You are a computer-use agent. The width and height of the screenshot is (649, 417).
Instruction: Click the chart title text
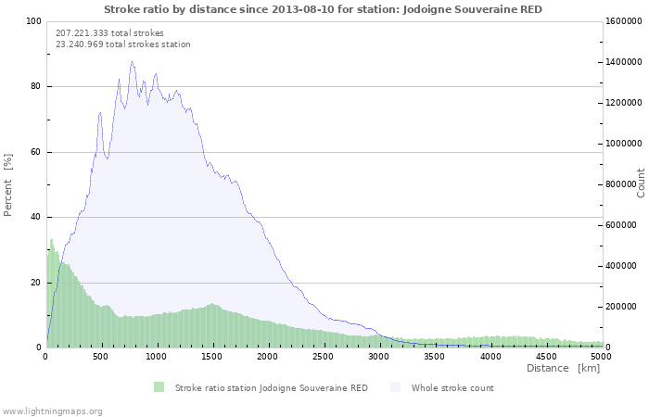323,9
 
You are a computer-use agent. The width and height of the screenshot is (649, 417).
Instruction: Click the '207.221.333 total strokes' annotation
109,32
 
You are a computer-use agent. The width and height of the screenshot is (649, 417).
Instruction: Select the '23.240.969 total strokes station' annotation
123,44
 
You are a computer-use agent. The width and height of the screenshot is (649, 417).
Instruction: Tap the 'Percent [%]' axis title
8,184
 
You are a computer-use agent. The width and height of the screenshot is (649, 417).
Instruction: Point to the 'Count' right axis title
641,183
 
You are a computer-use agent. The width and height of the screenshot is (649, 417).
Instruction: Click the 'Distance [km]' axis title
563,368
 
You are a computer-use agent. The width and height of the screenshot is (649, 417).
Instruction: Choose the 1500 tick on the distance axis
212,356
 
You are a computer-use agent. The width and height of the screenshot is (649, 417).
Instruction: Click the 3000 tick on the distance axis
379,356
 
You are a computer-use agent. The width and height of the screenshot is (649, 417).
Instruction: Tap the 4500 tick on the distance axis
546,356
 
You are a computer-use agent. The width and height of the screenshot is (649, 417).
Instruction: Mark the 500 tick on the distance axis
101,356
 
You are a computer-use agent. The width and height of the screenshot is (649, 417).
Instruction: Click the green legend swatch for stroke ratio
159,387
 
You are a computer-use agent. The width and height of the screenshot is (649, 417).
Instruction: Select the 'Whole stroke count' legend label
452,387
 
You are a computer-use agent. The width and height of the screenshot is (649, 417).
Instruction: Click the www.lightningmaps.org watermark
53,411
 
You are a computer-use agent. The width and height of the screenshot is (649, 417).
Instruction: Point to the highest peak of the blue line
132,62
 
